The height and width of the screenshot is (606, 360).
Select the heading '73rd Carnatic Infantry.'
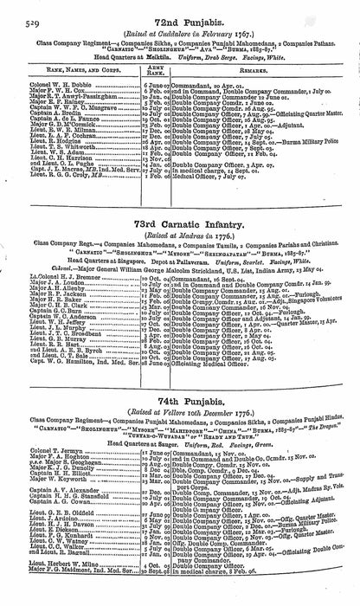pos(182,225)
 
